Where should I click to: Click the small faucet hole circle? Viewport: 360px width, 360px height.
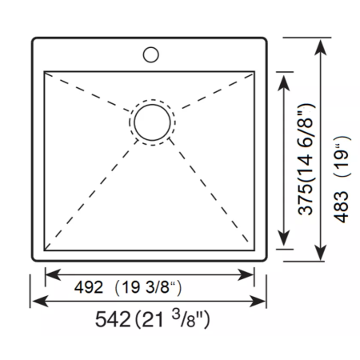[x=151, y=47]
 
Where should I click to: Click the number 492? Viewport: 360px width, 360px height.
[x=89, y=287]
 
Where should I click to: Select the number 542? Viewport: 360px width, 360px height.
[x=113, y=319]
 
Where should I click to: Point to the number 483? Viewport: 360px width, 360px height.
[x=341, y=206]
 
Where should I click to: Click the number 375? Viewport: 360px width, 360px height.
[x=306, y=200]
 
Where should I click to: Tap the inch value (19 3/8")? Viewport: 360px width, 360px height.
[x=148, y=287]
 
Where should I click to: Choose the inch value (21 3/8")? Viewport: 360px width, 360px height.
[x=173, y=319]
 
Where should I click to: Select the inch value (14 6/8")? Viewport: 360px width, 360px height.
[x=306, y=143]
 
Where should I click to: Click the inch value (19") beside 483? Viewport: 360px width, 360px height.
[x=342, y=155]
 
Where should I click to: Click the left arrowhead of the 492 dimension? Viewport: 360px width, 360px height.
[x=53, y=274]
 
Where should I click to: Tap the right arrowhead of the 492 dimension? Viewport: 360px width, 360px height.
[x=246, y=274]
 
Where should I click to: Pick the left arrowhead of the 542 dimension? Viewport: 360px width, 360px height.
[x=40, y=301]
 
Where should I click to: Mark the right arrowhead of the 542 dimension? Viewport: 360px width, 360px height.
[x=258, y=301]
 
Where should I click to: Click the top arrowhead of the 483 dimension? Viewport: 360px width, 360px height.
[x=320, y=47]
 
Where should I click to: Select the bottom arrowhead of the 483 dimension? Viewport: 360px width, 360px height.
[x=320, y=253]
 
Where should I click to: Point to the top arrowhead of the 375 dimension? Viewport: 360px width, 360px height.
[x=284, y=83]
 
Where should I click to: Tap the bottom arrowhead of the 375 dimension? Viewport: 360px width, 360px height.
[x=284, y=238]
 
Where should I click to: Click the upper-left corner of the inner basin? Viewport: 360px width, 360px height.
[x=44, y=71]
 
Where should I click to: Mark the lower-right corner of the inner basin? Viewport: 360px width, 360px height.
[x=254, y=250]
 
